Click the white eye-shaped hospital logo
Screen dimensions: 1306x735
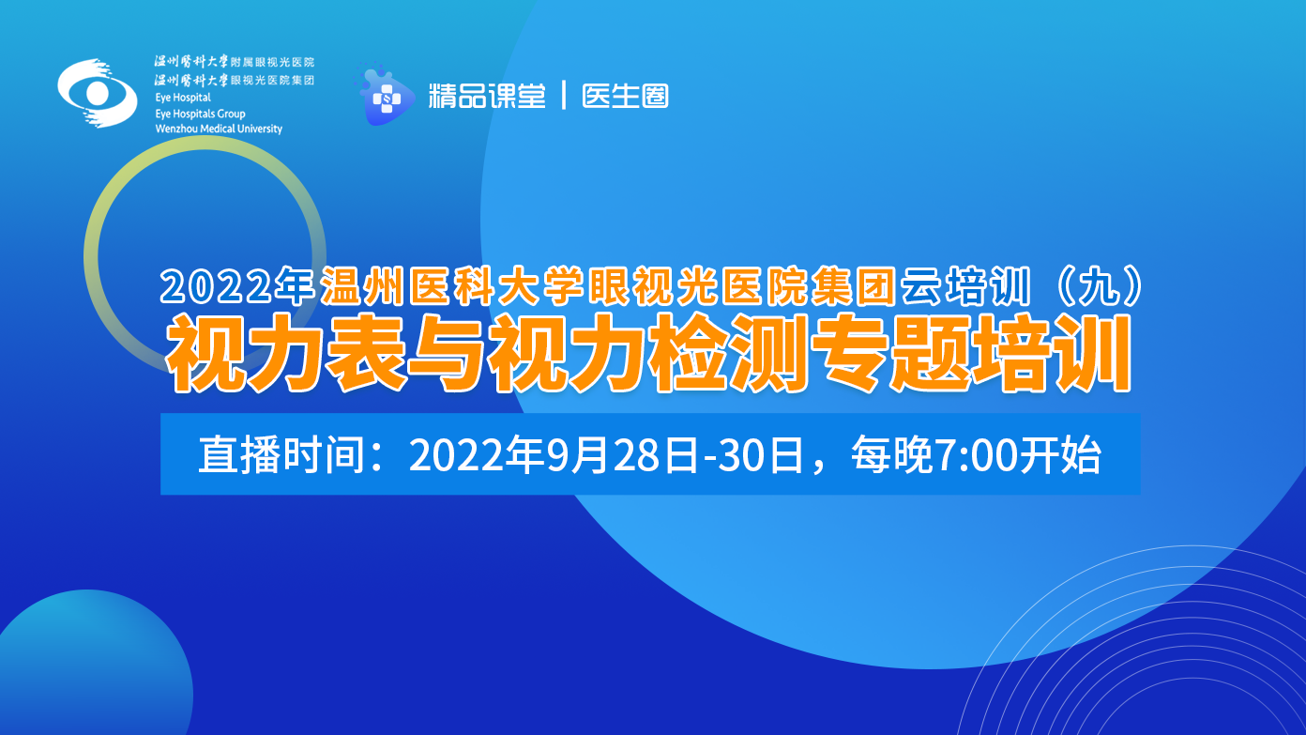click(98, 93)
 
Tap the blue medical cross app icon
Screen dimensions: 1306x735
click(386, 97)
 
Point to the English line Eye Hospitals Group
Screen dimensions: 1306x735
click(200, 114)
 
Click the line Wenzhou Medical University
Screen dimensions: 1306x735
click(219, 129)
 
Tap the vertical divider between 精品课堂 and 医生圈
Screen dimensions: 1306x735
click(564, 96)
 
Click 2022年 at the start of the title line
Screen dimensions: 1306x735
click(237, 285)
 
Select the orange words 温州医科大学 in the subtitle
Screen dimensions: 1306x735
click(452, 285)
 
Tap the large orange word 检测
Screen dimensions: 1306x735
click(728, 353)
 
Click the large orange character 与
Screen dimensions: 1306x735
click(447, 353)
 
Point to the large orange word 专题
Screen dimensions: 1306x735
click(889, 353)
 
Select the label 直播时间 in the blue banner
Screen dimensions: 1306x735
click(282, 454)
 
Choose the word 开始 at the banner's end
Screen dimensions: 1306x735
click(1059, 454)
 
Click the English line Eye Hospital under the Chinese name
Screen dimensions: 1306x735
click(183, 98)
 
